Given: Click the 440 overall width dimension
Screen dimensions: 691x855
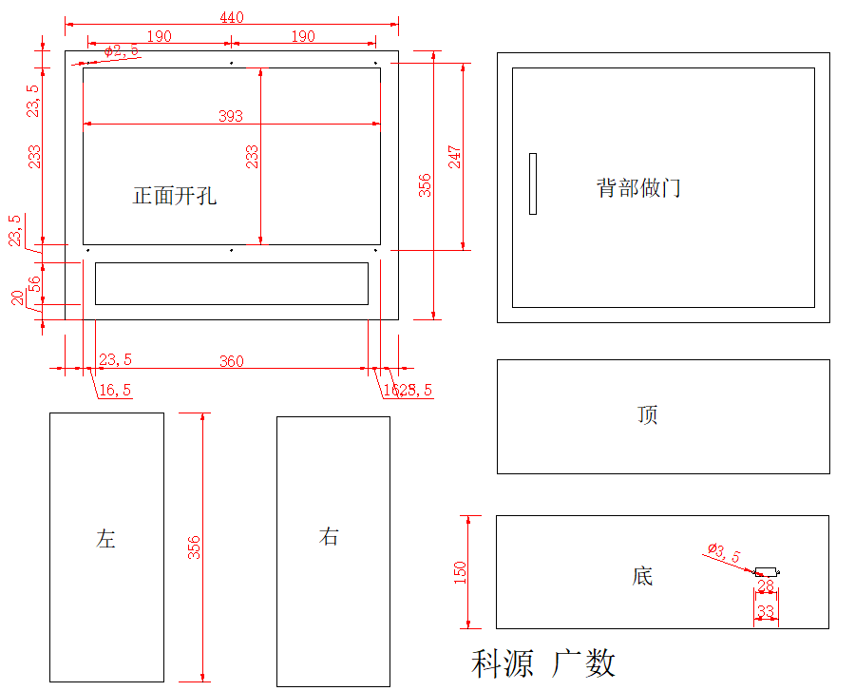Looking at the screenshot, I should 232,17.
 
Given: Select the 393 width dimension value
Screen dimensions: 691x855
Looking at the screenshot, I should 231,116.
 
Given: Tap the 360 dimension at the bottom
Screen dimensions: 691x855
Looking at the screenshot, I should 231,361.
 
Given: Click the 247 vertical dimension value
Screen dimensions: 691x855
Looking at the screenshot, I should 455,157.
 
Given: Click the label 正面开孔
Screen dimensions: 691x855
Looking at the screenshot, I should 175,196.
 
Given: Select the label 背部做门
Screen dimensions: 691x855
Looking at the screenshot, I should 638,187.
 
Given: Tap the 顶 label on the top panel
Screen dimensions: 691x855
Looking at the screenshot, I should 648,415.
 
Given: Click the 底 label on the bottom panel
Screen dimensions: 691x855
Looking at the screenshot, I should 643,576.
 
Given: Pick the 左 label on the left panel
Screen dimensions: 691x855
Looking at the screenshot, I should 105,538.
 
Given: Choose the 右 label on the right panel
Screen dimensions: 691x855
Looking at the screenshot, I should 329,536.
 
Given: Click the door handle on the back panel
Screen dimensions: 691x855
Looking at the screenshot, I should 533,183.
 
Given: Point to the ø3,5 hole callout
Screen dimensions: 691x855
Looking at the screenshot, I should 724,551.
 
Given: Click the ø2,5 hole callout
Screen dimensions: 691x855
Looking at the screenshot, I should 122,51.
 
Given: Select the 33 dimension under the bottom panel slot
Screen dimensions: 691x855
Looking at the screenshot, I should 766,611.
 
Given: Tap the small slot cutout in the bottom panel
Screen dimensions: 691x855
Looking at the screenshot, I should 766,572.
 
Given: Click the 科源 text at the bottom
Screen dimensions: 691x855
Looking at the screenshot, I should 503,663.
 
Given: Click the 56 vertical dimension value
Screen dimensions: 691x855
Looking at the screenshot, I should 35,284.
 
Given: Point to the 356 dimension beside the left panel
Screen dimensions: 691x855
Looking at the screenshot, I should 194,547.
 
